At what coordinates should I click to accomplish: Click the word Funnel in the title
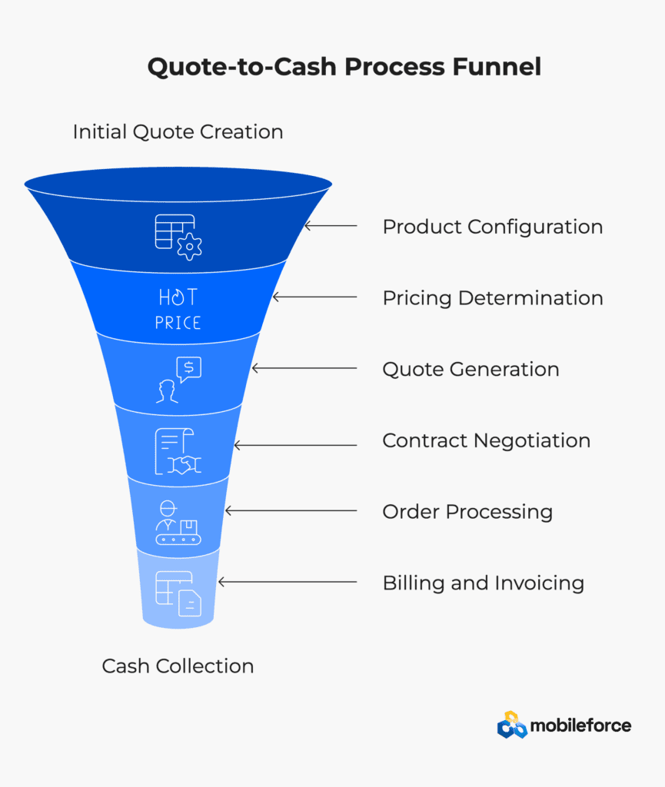[497, 67]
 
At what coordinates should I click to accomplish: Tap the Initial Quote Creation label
[178, 132]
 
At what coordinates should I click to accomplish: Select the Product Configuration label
[493, 227]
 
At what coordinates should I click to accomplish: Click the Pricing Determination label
[493, 298]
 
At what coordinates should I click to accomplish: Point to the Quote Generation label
[470, 370]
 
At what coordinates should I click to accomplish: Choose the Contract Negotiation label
[487, 440]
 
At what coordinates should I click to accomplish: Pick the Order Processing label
[467, 512]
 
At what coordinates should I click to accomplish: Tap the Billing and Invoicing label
[484, 583]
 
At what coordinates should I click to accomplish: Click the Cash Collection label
[178, 666]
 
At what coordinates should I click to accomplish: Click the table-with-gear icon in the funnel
[178, 237]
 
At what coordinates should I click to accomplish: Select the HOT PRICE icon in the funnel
[178, 309]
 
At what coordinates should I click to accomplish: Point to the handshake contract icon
[178, 451]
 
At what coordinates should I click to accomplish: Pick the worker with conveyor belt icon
[178, 523]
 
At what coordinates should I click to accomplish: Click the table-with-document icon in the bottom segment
[178, 594]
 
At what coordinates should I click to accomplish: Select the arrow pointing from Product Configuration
[331, 226]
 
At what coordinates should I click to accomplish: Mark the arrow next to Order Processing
[291, 511]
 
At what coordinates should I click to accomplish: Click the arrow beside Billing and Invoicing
[288, 583]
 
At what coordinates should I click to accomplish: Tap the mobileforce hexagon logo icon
[512, 725]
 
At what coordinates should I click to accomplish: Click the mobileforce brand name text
[580, 726]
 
